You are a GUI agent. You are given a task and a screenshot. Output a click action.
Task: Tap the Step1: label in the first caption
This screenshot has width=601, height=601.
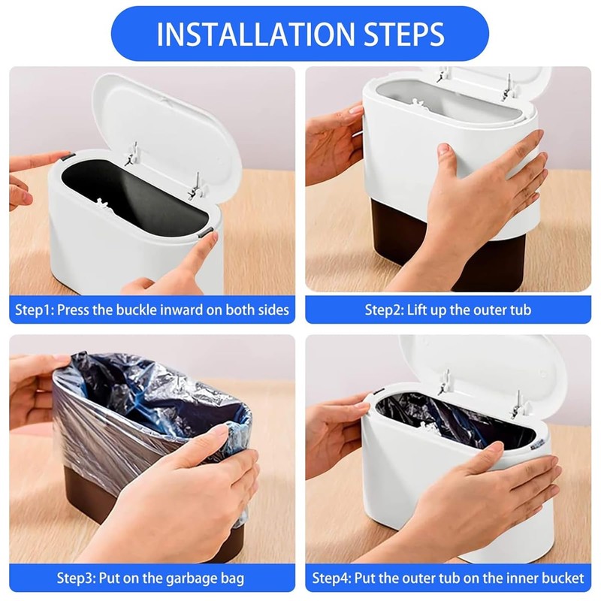(35, 310)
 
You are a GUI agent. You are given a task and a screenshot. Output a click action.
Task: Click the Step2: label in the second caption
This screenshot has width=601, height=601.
(385, 310)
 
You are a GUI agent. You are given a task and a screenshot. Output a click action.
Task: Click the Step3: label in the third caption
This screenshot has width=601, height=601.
(77, 578)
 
